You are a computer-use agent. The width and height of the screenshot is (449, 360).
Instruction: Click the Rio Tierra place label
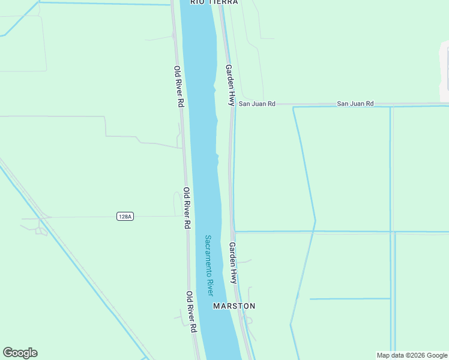(214, 2)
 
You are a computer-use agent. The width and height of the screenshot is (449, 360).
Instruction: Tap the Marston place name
(234, 306)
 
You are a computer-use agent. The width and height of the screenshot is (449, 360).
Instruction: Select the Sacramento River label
(209, 265)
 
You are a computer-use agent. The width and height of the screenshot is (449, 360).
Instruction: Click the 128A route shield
(125, 216)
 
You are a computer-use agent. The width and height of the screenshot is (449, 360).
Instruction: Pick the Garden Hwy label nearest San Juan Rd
(229, 85)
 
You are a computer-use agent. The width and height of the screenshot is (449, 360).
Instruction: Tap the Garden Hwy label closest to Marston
(233, 263)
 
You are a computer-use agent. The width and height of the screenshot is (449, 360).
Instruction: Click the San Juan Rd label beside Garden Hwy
(257, 104)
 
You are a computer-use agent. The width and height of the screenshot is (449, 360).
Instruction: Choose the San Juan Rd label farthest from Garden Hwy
(355, 104)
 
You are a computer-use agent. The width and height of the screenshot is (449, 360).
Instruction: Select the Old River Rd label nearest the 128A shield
(187, 208)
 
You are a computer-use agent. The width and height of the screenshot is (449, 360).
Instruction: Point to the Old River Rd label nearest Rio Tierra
(179, 86)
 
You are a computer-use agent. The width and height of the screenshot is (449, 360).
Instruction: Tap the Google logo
(20, 353)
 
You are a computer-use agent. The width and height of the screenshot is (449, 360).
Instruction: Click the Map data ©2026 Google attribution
(412, 355)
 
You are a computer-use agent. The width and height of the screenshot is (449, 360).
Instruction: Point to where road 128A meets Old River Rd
(183, 216)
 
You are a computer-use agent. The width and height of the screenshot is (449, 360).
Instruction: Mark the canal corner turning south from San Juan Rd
(294, 107)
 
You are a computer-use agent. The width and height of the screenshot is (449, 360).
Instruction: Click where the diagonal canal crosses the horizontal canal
(314, 231)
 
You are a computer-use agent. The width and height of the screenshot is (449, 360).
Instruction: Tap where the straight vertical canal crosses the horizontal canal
(391, 231)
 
